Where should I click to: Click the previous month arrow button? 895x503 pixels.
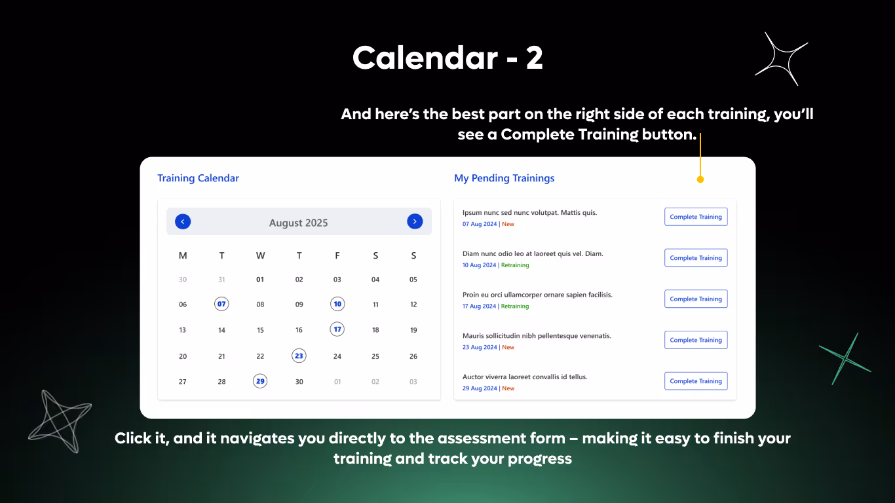coord(183,221)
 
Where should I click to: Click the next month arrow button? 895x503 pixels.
coord(415,221)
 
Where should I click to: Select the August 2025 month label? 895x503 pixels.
coord(298,223)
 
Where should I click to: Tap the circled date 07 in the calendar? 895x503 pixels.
coord(221,304)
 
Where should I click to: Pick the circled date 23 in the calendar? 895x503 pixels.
coord(299,356)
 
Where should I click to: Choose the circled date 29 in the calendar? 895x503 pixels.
coord(260,381)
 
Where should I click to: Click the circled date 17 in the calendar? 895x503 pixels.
coord(337,329)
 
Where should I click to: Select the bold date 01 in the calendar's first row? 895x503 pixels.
coord(260,280)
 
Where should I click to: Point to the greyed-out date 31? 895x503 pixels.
coord(221,280)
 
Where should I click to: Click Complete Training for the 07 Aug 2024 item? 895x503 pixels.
coord(696,217)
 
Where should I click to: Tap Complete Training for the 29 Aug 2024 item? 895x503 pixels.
coord(696,381)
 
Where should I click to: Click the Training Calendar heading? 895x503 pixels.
coord(198,178)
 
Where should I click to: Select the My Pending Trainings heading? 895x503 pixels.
coord(504,178)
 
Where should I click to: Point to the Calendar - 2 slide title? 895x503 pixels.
coord(447,58)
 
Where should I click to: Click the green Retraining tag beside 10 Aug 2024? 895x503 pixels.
coord(515,265)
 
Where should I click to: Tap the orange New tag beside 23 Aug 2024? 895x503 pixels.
coord(508,347)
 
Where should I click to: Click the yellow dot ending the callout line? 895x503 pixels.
coord(700,179)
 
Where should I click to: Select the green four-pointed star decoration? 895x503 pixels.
coord(845,359)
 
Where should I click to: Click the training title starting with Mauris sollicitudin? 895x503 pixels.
coord(536,335)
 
